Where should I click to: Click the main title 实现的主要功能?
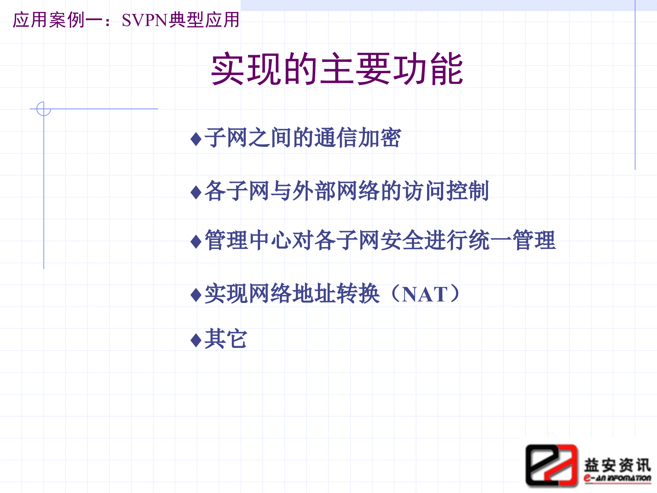coord(337,69)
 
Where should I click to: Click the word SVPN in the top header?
coord(144,20)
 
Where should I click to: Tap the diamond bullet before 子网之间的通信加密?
coord(196,139)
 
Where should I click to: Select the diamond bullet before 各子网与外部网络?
coord(196,192)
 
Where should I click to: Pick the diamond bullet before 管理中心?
coord(196,242)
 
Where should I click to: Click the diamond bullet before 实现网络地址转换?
coord(196,295)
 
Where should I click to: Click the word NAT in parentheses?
coord(425,294)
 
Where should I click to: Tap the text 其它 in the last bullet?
coord(226,339)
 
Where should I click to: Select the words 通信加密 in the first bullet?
coord(357,138)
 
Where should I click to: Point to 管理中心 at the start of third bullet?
coord(248,241)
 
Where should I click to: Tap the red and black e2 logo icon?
coord(551,465)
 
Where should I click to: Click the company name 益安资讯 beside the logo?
coord(617,465)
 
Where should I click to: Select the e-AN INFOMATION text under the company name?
coord(617,478)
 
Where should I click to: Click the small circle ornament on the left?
coord(43,109)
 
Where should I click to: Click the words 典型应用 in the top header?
coord(204,20)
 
